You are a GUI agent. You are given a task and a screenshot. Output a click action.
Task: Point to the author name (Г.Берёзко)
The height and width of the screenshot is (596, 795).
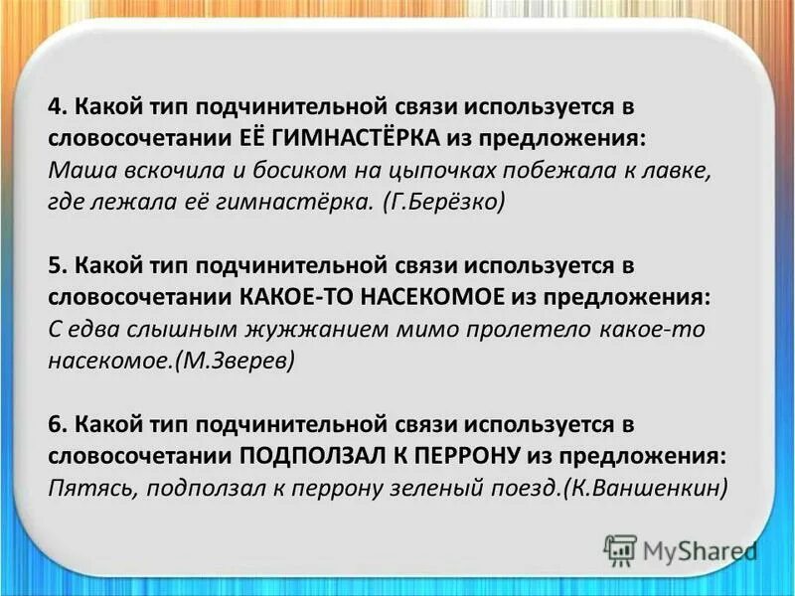[444, 201]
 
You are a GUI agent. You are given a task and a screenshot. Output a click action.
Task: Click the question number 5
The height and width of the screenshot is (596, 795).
[56, 266]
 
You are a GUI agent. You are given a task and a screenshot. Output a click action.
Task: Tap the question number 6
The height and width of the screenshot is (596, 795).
[56, 425]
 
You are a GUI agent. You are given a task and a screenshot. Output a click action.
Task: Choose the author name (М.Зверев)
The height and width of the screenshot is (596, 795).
[235, 362]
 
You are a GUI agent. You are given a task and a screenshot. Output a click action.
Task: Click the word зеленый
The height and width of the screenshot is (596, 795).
[430, 489]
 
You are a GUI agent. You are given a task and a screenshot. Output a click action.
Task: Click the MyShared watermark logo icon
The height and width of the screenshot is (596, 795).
[620, 549]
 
